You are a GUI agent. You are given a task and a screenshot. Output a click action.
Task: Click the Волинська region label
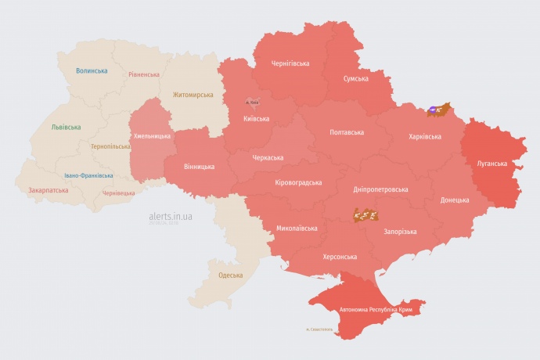[x=92, y=70]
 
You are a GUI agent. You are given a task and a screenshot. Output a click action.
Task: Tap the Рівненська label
[x=144, y=74]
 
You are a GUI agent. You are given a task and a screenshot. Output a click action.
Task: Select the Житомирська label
[x=193, y=95]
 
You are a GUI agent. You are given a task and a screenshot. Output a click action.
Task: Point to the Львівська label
[x=65, y=126]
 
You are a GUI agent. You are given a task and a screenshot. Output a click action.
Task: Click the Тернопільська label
[x=110, y=146]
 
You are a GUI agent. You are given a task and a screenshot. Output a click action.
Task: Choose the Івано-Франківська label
[x=88, y=175]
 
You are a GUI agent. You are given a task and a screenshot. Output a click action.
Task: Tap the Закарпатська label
[x=47, y=190]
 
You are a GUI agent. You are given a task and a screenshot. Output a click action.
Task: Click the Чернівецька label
[x=119, y=192]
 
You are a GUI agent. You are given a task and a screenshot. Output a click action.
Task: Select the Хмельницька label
[x=153, y=136]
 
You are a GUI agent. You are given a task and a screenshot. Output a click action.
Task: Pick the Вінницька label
[x=199, y=167]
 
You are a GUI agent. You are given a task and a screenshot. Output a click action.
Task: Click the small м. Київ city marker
[x=253, y=102]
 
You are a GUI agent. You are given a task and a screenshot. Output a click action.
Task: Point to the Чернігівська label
[x=290, y=63]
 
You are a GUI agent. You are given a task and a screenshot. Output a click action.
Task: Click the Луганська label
[x=492, y=164]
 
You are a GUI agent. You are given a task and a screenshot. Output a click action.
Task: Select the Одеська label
[x=230, y=275]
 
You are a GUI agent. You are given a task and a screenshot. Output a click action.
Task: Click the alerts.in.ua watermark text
[x=170, y=217]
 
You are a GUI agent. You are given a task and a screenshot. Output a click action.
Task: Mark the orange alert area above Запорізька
[x=366, y=214]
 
